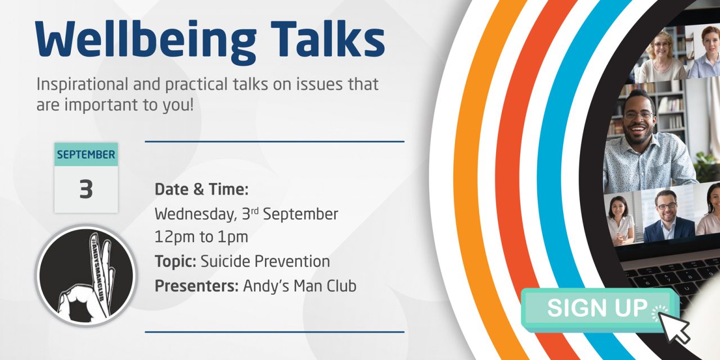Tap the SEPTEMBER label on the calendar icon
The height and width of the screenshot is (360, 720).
(86, 155)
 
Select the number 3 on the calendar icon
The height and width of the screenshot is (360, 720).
(86, 190)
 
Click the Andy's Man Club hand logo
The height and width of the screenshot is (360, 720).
(86, 276)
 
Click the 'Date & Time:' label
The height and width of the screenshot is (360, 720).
(201, 190)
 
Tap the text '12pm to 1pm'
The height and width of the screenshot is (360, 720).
(201, 237)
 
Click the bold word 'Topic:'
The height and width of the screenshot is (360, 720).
(175, 262)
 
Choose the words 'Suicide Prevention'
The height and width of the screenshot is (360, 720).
(265, 262)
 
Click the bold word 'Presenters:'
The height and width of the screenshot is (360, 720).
(197, 286)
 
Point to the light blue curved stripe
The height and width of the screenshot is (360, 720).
(554, 169)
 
